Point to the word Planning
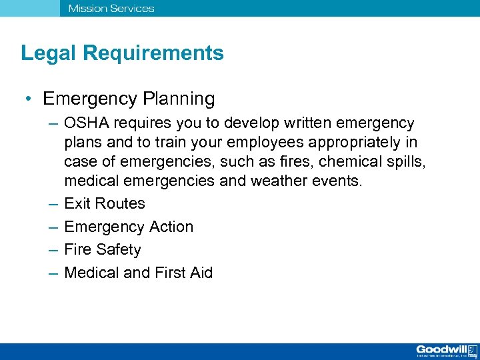point(179,99)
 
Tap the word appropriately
point(346,142)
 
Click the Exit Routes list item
point(105,203)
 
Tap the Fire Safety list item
point(103,250)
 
